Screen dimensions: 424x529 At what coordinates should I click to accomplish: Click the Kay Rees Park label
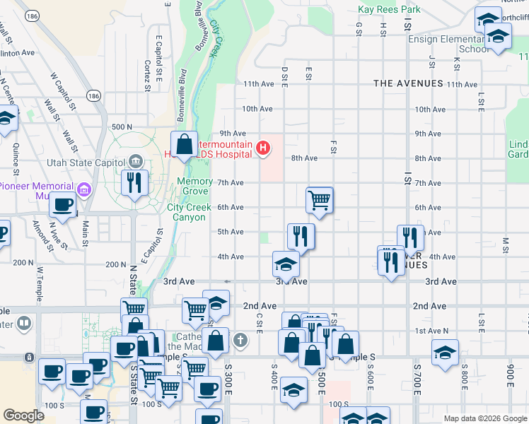point(389,9)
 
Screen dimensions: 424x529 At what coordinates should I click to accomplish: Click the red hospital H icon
point(263,148)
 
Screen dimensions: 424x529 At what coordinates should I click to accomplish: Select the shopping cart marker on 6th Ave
point(320,200)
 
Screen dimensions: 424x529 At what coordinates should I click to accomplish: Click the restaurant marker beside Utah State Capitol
point(134,182)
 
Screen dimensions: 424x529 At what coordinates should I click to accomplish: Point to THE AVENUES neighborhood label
point(408,83)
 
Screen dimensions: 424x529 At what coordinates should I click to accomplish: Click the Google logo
point(24,415)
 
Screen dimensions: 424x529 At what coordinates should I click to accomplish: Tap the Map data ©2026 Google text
point(484,418)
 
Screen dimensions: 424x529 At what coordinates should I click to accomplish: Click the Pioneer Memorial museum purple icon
point(84,189)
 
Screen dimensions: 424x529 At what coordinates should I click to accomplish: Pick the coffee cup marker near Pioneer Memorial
point(62,206)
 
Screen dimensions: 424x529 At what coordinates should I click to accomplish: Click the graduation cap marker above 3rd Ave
point(286,264)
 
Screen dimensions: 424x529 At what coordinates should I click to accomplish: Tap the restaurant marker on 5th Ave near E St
point(301,236)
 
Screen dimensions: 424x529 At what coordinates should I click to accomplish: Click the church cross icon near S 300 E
point(240,341)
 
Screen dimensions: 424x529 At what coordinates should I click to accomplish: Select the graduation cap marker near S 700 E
point(445,352)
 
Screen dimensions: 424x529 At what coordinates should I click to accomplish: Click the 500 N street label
point(122,126)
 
